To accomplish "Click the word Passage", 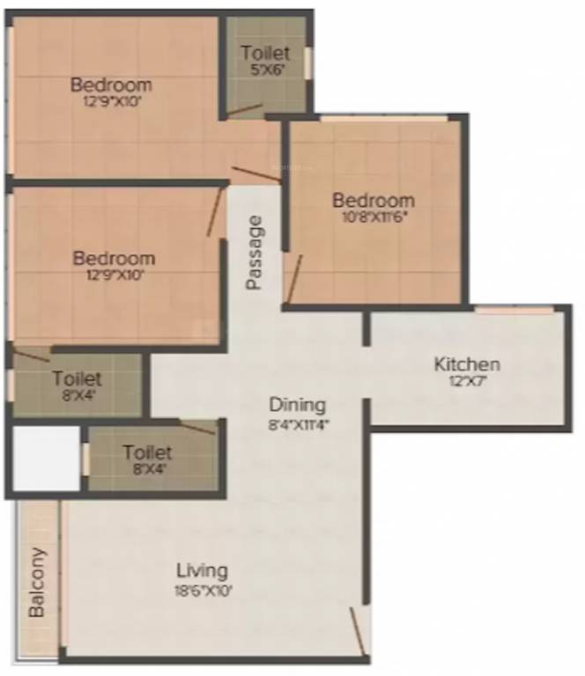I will [x=255, y=253].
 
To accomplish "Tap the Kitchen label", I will [x=467, y=364].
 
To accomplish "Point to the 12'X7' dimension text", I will [x=467, y=382].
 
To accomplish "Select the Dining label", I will [x=297, y=406].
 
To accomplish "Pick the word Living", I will [x=202, y=570].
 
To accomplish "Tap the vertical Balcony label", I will [x=37, y=583].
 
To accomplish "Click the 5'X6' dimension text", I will [x=265, y=70].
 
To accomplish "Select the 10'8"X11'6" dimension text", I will [x=373, y=217].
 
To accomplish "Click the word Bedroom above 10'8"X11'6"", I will [x=373, y=201].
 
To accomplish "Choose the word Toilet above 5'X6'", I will [x=265, y=54].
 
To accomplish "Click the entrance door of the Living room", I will [x=357, y=630].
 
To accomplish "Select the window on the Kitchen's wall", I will [x=515, y=310].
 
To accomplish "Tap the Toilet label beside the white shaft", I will [x=147, y=453].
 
